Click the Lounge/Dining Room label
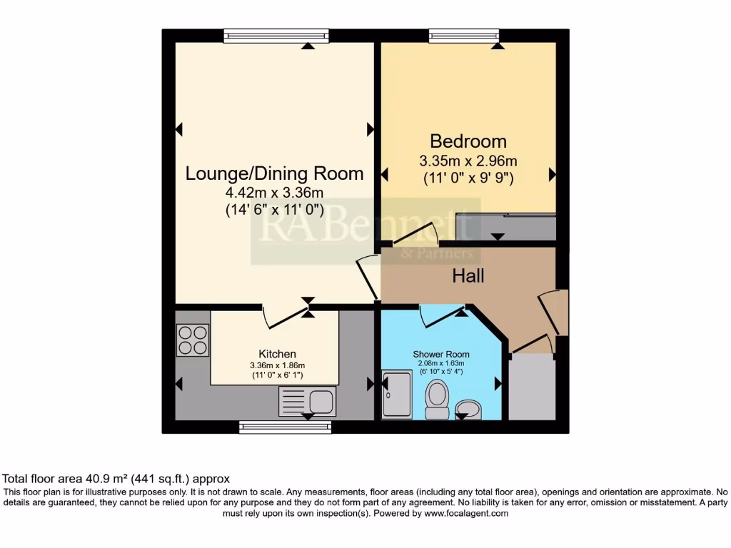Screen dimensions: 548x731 coord(274,173)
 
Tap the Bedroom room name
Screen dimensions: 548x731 coord(468,141)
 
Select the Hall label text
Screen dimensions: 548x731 coord(468,275)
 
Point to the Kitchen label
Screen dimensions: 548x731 coord(277,354)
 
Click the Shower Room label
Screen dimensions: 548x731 coord(440,354)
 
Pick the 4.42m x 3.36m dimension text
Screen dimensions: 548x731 coord(274,193)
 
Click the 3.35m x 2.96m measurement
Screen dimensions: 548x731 coord(468,160)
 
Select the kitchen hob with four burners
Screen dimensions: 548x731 coord(193,340)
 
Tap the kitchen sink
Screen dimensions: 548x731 coord(307,402)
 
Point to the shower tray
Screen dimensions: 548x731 coord(397,394)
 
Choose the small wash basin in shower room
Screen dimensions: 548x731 coord(468,410)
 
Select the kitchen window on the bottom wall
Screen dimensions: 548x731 coord(285,427)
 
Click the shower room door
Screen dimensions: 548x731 coord(441,314)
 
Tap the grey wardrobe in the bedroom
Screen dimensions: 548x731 coord(505,228)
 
